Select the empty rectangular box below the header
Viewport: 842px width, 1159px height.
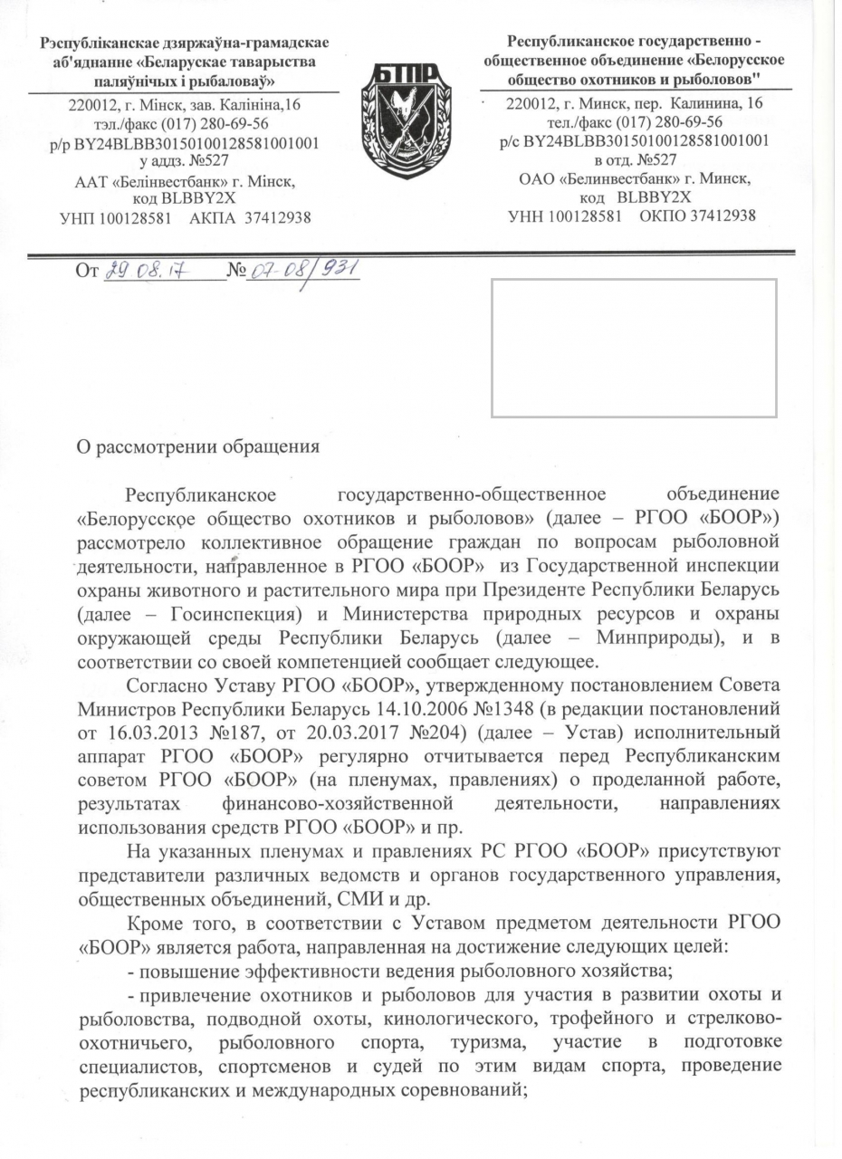[x=634, y=348]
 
